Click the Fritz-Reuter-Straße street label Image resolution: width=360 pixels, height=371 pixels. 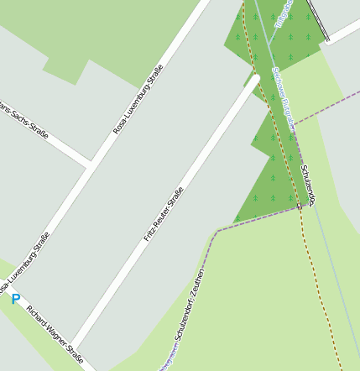tap(164, 214)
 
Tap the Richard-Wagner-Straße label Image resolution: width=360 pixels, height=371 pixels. tap(55, 337)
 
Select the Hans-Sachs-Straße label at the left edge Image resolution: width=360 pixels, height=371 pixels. tap(25, 121)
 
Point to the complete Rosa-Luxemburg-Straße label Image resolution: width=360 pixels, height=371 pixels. tap(138, 104)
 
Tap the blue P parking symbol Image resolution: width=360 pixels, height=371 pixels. tap(15, 298)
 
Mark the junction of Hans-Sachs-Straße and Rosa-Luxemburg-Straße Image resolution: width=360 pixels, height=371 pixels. tap(90, 161)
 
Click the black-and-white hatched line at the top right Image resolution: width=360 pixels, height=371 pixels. tap(317, 19)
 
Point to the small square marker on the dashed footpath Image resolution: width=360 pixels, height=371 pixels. tap(299, 206)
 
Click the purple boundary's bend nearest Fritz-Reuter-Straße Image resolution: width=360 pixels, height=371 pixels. tap(217, 229)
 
